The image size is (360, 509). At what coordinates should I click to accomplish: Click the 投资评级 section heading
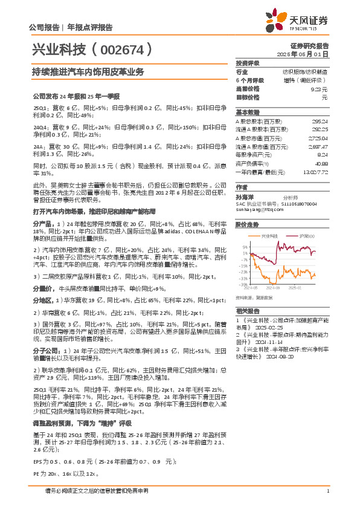pyautogui.click(x=248, y=63)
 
